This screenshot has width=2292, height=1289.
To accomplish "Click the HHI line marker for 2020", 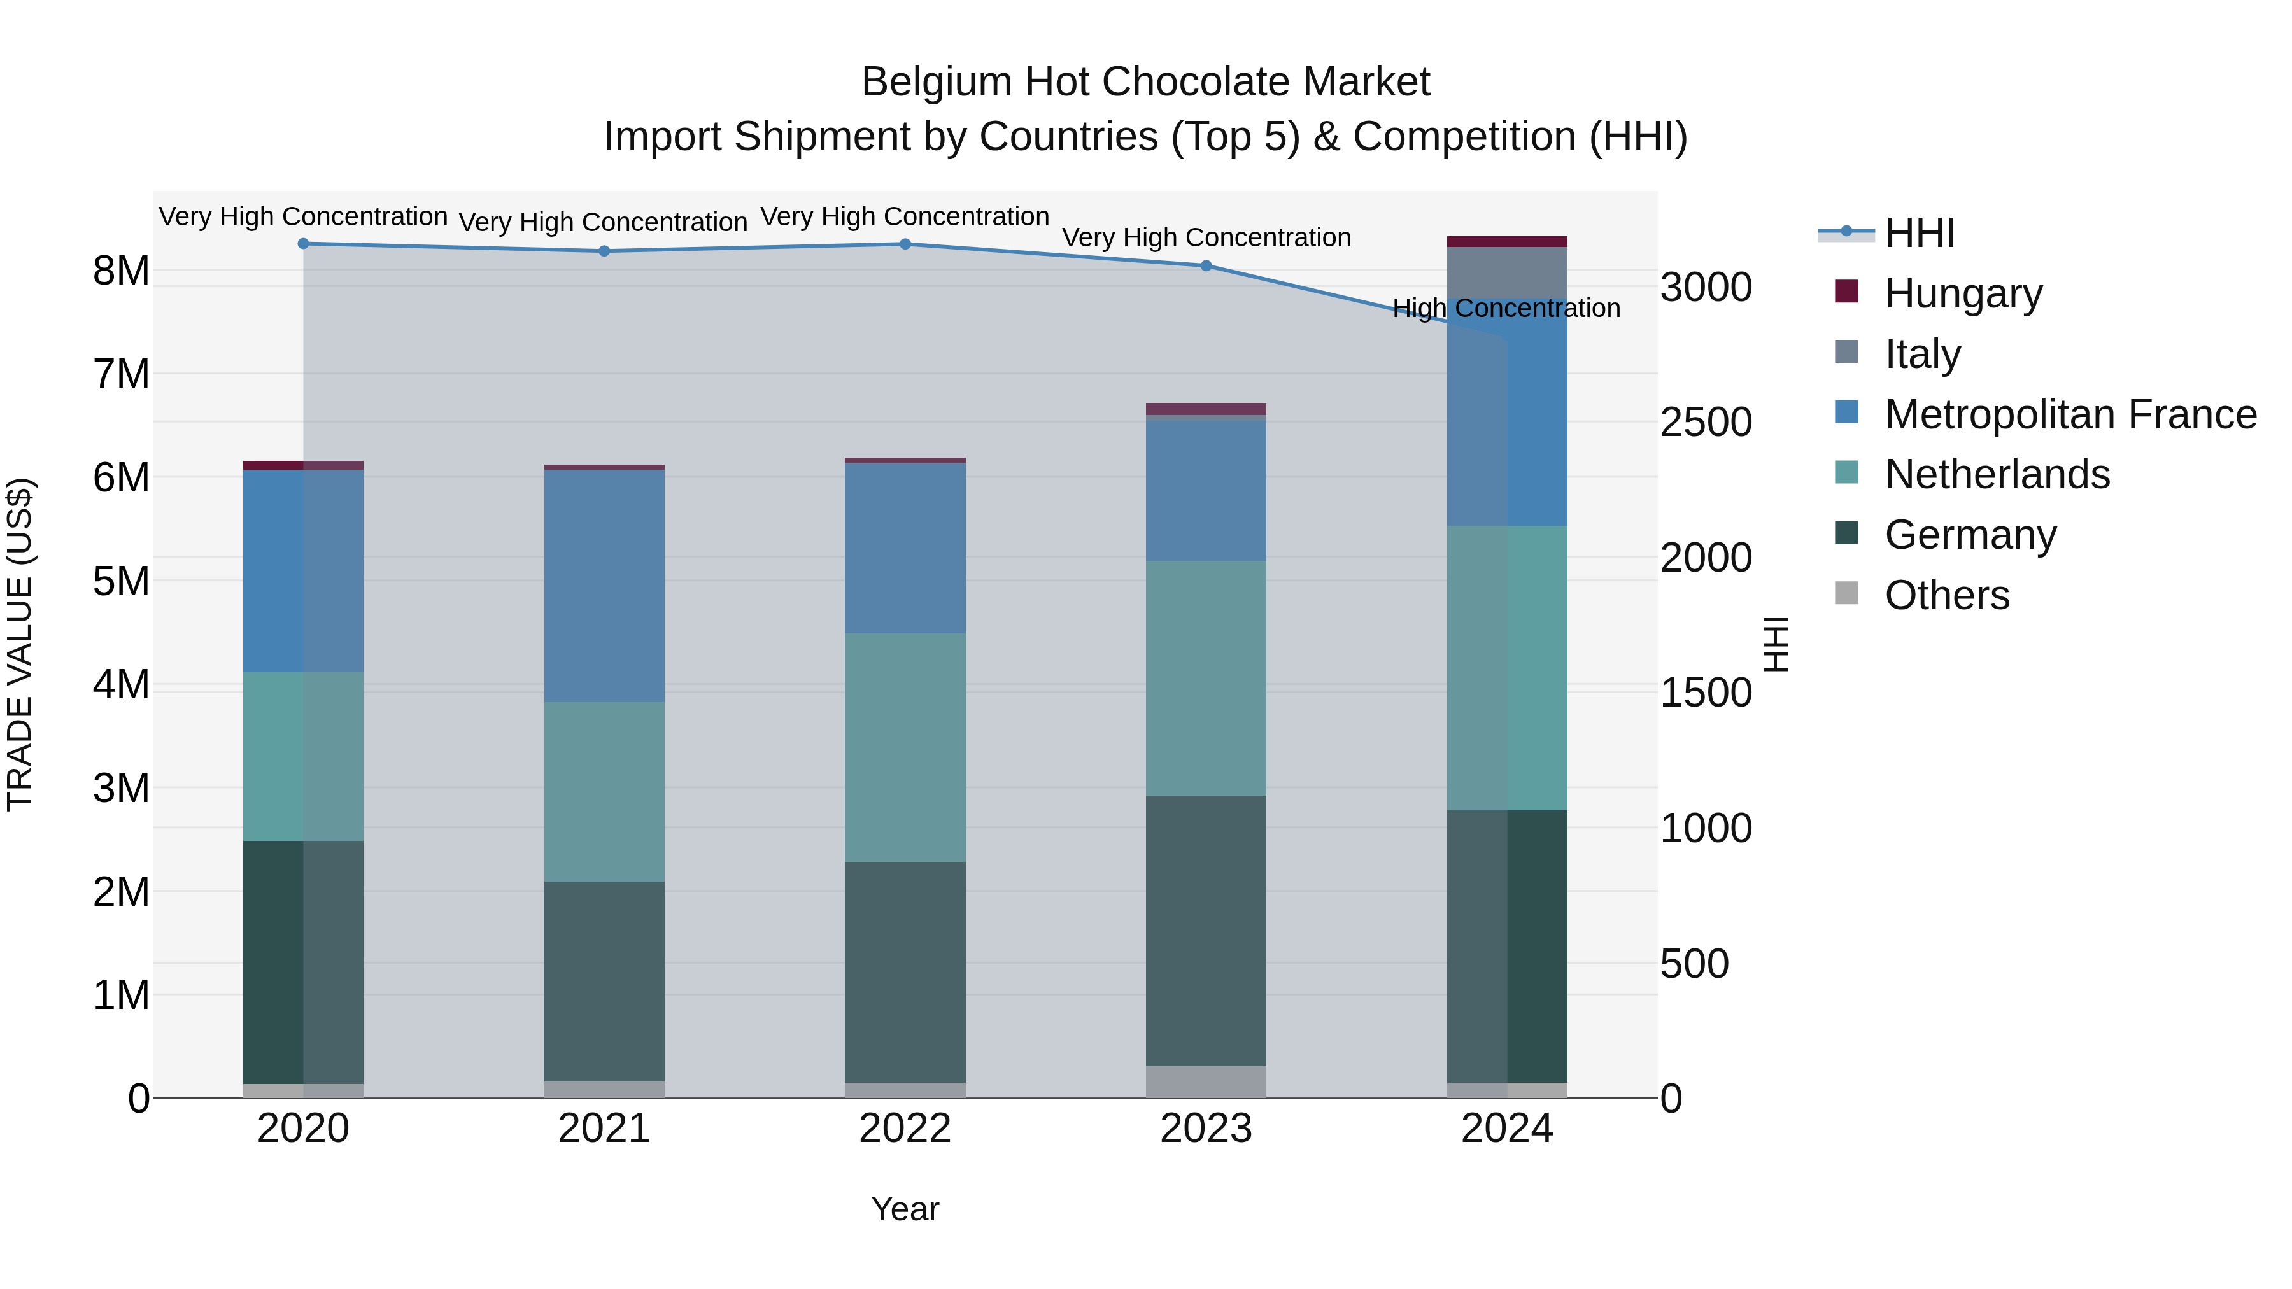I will point(304,244).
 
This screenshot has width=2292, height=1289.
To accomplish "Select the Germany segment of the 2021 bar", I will point(604,981).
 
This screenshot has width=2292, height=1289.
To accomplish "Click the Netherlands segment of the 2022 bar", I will point(905,747).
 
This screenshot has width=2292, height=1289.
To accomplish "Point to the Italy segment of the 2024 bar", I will point(1506,272).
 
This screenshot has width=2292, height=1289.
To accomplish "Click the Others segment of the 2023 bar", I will point(1206,1081).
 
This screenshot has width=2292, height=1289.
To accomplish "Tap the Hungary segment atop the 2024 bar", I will point(1506,242).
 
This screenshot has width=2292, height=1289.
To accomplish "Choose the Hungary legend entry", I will point(1962,293).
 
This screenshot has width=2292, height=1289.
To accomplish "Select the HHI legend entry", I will point(1918,233).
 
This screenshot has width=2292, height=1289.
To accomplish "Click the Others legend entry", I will point(1946,595).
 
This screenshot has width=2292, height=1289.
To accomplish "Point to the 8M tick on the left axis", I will point(121,271).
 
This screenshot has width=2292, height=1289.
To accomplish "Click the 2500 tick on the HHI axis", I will point(1706,423).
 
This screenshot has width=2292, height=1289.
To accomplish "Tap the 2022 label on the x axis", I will point(905,1129).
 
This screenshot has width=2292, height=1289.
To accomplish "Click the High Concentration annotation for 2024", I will point(1506,309).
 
